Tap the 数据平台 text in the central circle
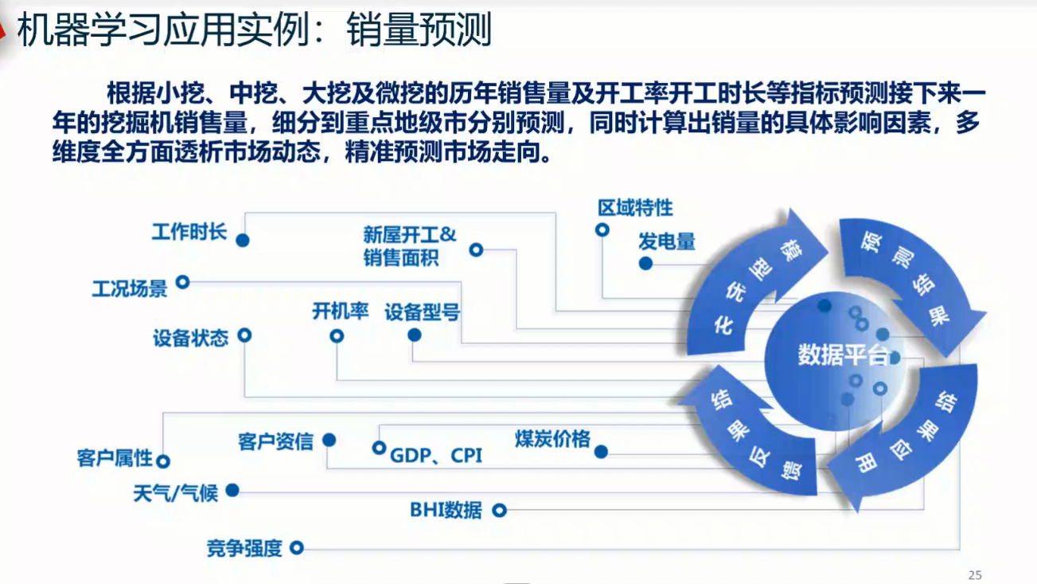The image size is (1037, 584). (842, 355)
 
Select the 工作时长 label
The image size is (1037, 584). (189, 233)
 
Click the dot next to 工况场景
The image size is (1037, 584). (182, 281)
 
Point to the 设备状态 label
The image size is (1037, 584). (190, 338)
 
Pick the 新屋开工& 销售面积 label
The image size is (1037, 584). (409, 246)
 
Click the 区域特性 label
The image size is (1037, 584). (635, 208)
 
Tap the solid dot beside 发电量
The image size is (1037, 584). (645, 263)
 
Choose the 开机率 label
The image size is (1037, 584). (340, 312)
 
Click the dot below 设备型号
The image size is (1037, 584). (415, 335)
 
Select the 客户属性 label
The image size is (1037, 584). (114, 458)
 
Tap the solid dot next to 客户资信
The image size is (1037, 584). (329, 440)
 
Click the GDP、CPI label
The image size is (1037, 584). (435, 456)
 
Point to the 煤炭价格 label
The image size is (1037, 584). (552, 439)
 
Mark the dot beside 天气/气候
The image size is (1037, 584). (232, 491)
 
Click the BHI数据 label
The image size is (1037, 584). (446, 510)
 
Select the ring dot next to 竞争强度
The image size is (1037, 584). (297, 547)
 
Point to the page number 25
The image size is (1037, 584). (975, 574)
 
